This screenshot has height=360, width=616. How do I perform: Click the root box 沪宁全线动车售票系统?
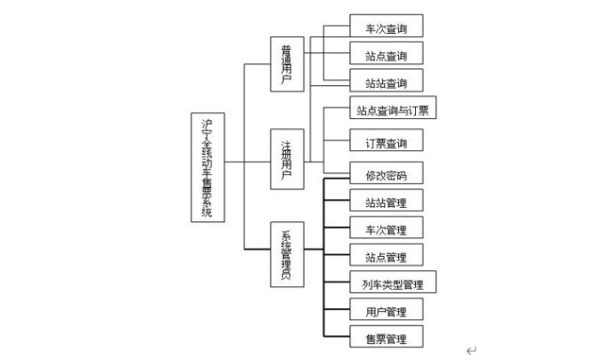coord(207,168)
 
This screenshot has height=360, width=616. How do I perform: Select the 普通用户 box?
coord(286,63)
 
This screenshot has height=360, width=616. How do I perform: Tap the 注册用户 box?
coord(286,159)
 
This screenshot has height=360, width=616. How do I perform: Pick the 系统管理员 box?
coord(286,255)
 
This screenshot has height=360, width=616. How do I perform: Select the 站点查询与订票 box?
coord(392,111)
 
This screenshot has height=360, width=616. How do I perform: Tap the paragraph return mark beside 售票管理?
coord(471,350)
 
